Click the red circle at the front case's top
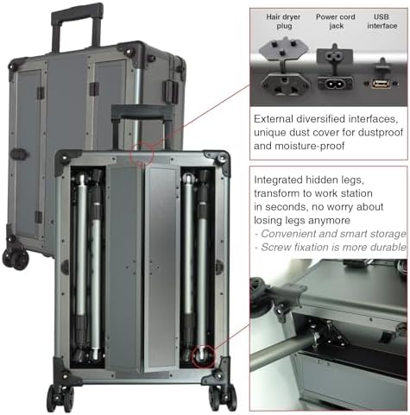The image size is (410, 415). pos(142,155)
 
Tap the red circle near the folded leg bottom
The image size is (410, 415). pos(204,354)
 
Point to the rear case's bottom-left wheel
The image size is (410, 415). pos(15,256)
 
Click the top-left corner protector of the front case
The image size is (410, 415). pos(66,159)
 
